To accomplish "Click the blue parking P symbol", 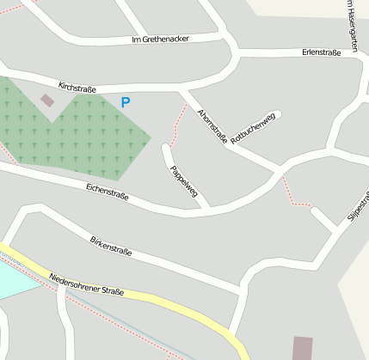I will [126, 102].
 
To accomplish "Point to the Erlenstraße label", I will [322, 52].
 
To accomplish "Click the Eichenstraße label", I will [108, 190].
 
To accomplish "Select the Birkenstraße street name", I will [111, 246].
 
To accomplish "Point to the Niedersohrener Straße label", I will [86, 284].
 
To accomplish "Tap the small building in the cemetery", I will [47, 101].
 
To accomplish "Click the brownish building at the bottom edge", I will [303, 348].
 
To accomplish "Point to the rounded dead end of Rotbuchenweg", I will [277, 113].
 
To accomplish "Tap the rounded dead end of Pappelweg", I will [166, 149].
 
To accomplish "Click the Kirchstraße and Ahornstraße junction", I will [183, 89].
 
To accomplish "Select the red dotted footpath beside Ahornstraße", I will [178, 123].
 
